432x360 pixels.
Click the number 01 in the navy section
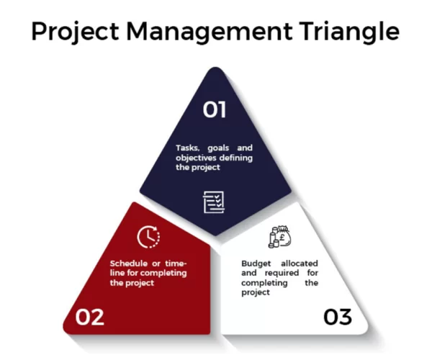(215, 109)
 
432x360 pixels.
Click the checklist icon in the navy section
(215, 202)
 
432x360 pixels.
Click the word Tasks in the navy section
(188, 148)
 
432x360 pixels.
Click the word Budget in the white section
(255, 264)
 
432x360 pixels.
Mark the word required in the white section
(279, 274)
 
